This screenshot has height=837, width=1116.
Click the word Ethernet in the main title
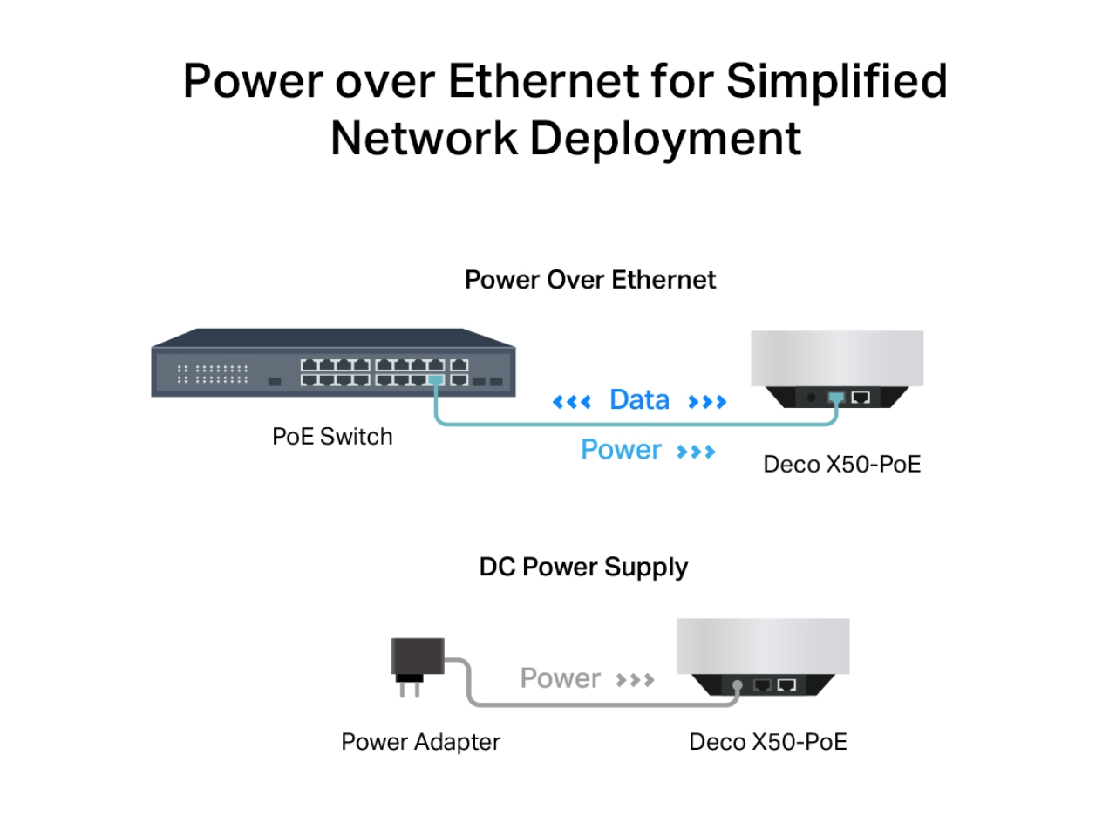point(543,81)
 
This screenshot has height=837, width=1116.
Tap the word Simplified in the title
point(836,81)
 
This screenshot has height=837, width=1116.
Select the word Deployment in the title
point(665,139)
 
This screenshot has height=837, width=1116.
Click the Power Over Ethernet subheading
point(590,280)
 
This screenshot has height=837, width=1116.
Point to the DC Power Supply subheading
point(583,567)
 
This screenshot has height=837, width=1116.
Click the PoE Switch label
point(332,436)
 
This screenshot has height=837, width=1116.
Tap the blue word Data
point(639,400)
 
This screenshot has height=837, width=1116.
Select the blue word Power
point(621,450)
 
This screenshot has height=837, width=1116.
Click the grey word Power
point(560,678)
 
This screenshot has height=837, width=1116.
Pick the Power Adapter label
point(420,742)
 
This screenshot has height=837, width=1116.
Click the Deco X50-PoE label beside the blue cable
point(841,464)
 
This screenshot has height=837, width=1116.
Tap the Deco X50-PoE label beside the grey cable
point(767,742)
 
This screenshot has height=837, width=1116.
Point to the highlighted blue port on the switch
point(435,380)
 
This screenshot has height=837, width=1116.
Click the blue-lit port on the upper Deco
point(836,398)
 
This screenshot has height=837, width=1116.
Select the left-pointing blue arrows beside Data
point(572,402)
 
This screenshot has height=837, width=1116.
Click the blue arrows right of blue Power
point(696,452)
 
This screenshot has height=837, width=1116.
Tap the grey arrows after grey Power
point(635,680)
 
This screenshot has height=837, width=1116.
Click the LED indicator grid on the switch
point(214,374)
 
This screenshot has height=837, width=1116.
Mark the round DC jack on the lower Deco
point(738,685)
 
